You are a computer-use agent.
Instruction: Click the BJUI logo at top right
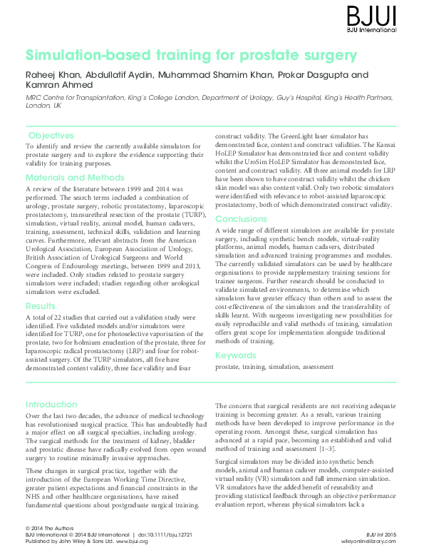(381, 15)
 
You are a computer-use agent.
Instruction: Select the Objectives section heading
(51, 136)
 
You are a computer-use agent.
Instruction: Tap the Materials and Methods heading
(76, 177)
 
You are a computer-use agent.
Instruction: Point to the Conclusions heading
(242, 219)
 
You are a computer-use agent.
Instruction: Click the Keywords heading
(236, 355)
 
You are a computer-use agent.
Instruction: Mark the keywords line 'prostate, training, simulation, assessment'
(274, 367)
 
